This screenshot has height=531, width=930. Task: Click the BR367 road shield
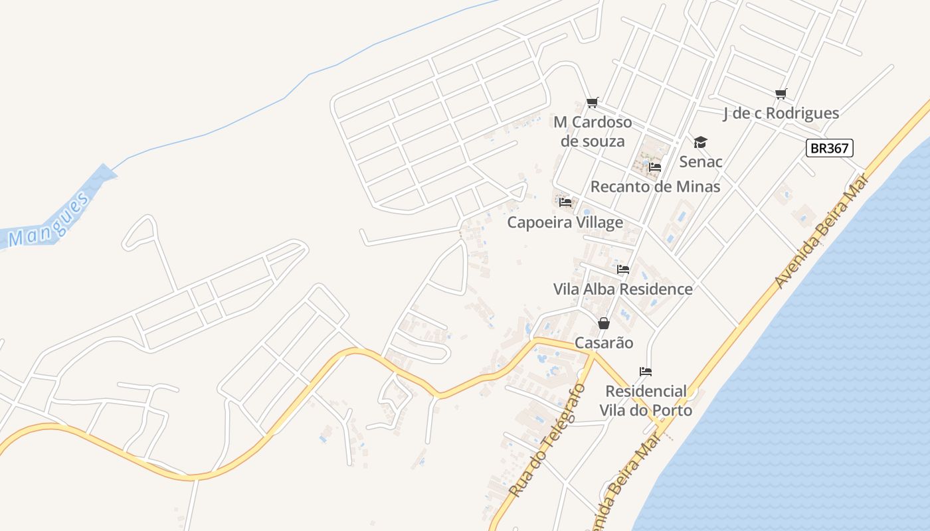829,148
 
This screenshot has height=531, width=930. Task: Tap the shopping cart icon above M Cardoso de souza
593,102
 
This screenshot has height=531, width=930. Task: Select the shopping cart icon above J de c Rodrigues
781,94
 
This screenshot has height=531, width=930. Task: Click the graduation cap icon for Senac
700,142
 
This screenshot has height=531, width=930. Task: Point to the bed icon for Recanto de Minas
655,167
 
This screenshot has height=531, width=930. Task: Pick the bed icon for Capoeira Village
565,202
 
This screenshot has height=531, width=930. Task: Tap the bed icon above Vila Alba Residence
623,269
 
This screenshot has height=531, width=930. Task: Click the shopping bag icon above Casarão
603,323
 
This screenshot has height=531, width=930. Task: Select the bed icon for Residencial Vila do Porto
645,371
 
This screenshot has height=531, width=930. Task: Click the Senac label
701,161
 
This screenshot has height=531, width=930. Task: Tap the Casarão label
604,343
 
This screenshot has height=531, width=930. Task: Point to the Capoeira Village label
565,222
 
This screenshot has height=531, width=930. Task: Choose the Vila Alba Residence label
623,289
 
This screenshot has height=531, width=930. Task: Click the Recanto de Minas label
655,187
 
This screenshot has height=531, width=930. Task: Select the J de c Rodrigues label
781,114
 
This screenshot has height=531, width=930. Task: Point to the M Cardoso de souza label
593,131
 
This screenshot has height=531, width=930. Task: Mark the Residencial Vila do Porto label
646,400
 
